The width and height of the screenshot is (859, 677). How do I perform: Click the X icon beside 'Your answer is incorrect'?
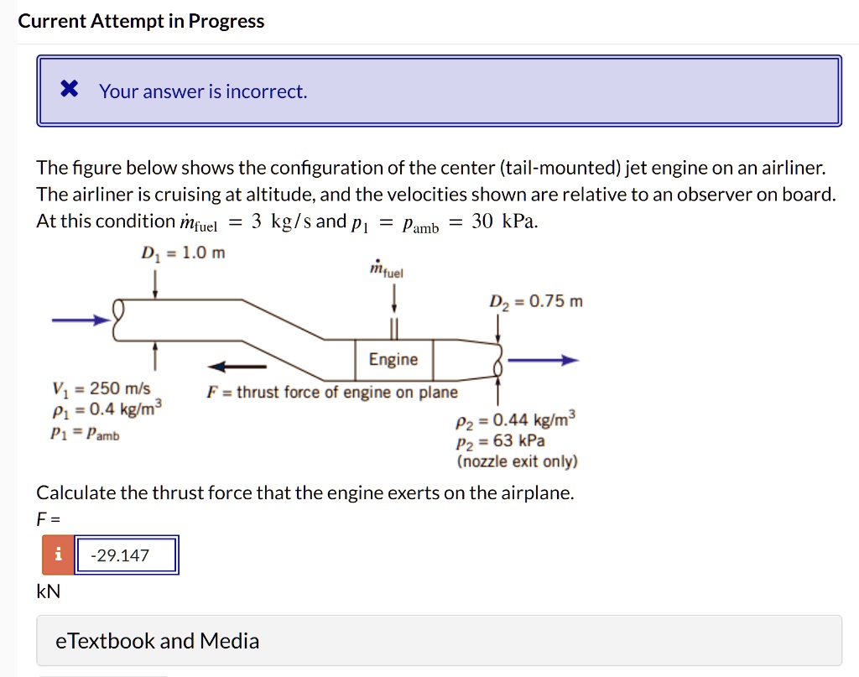(70, 90)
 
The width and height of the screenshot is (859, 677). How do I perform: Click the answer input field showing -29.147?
(127, 555)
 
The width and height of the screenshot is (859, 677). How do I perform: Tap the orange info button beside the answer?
(59, 555)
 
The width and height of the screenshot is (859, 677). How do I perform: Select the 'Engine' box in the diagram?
(393, 359)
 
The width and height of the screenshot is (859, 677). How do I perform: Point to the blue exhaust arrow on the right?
(543, 361)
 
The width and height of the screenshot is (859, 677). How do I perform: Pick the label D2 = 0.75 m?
(536, 301)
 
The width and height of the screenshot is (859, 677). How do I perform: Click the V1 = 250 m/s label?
(101, 388)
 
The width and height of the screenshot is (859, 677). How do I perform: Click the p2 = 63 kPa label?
(501, 440)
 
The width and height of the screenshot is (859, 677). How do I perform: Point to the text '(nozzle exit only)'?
(517, 461)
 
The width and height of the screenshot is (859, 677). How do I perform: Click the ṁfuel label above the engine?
(386, 268)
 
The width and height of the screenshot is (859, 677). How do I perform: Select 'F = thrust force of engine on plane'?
(332, 392)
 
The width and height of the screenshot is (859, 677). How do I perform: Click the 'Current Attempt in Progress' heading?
(141, 21)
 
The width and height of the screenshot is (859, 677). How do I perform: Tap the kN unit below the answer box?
(49, 591)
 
